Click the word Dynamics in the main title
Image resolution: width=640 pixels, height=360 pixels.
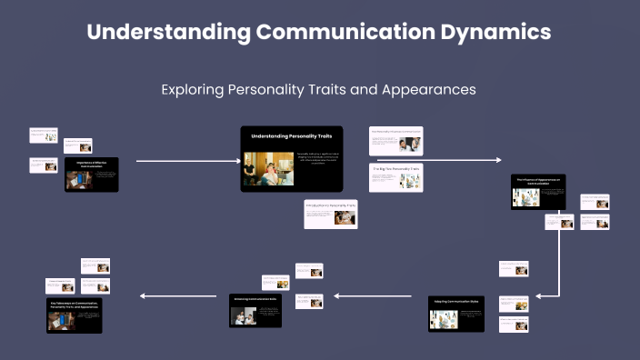(x=492, y=32)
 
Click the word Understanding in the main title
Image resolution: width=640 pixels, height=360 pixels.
(x=168, y=32)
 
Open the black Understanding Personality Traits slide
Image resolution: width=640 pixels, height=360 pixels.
(x=291, y=158)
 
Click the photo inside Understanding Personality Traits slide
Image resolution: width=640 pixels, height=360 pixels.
(x=261, y=168)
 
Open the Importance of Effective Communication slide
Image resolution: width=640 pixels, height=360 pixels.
(x=92, y=174)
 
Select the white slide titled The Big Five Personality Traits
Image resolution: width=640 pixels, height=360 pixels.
(x=395, y=177)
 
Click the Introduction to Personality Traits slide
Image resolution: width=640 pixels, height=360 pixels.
(x=331, y=214)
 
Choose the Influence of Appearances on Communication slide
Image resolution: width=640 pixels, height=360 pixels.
(x=538, y=192)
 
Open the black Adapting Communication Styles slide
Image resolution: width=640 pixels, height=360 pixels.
(x=456, y=314)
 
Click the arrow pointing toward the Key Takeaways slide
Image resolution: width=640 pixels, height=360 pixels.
(x=177, y=295)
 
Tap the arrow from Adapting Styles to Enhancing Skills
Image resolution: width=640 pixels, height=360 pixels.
(x=374, y=295)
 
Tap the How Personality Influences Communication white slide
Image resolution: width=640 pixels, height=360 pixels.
(x=395, y=140)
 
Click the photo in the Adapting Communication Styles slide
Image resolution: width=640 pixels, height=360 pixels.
(x=444, y=319)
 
